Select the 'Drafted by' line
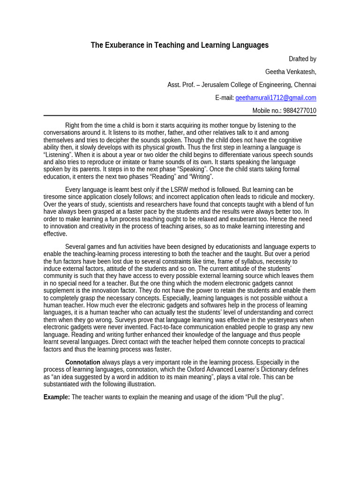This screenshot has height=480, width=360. point(302,59)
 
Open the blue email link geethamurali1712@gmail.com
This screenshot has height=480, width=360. point(276,97)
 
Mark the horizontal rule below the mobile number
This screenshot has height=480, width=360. point(180,116)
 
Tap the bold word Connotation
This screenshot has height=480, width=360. point(82,362)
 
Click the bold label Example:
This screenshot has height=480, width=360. point(57,397)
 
